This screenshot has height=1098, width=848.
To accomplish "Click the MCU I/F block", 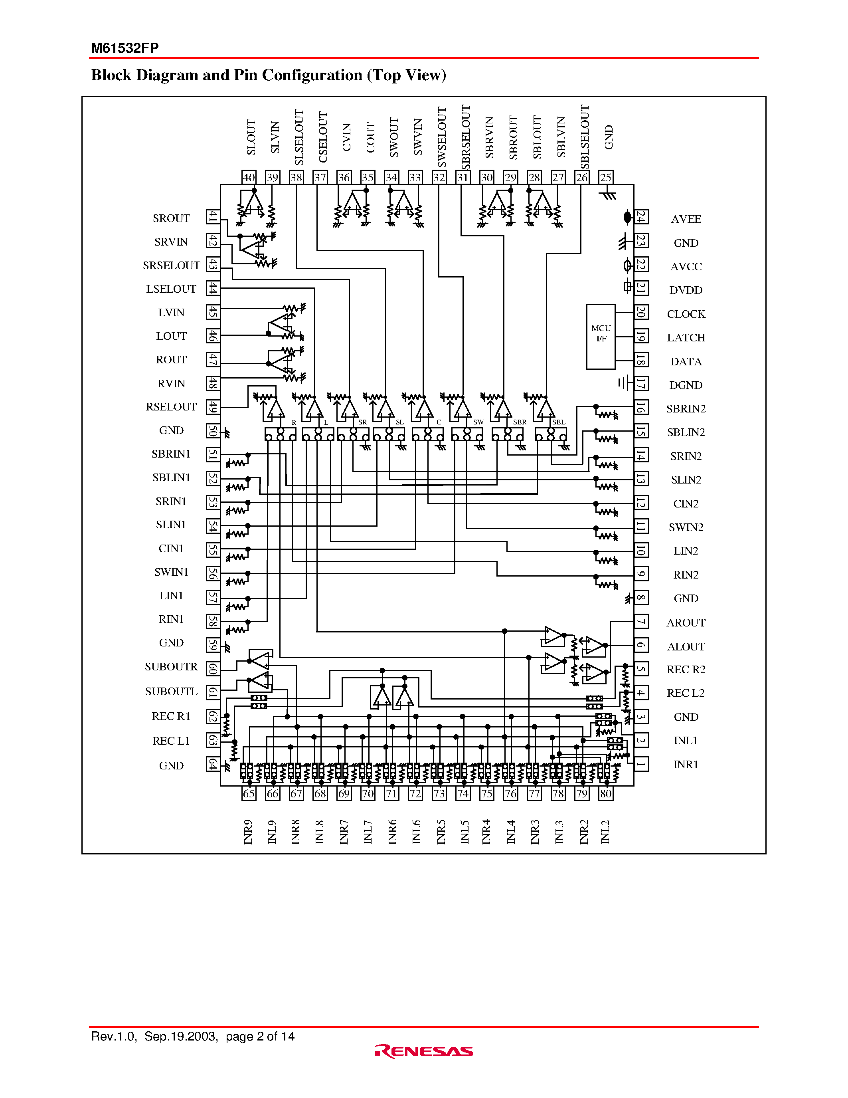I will tap(601, 336).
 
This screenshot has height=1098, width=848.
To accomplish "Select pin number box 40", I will tap(249, 177).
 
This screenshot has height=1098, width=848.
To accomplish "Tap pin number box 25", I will tap(606, 177).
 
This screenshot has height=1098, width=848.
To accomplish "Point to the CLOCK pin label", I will tap(686, 314).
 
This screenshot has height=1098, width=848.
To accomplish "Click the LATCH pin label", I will tap(686, 338).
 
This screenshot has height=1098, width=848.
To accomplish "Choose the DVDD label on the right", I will tap(686, 291).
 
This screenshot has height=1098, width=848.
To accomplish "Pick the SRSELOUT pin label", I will tap(171, 266).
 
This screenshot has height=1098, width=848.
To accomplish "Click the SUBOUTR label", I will tap(171, 667).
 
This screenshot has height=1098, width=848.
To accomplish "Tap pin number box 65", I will tap(249, 794).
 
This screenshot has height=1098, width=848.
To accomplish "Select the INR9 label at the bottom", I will tap(248, 832).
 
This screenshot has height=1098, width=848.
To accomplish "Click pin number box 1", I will tap(641, 765).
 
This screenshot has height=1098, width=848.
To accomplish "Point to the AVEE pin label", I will tap(686, 219).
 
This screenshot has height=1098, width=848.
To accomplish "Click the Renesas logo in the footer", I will tap(424, 1051).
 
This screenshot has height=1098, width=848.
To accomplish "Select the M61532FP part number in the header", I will tap(125, 48).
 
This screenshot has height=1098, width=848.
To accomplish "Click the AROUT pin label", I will tap(686, 623).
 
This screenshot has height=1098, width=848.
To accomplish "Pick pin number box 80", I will tap(606, 794).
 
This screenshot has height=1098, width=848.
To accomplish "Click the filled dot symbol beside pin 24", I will tap(627, 217).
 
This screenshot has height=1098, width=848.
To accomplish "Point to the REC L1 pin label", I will tap(171, 741).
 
